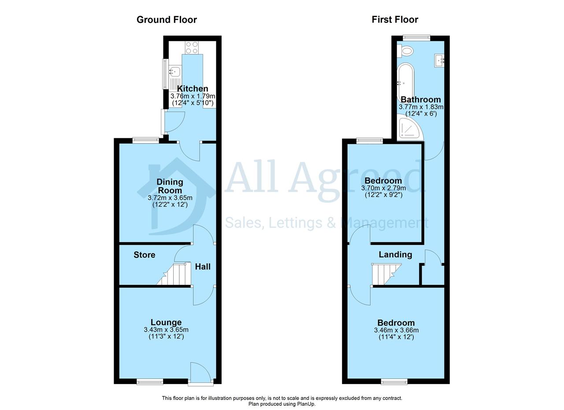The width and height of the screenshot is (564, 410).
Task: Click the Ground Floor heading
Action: pyautogui.click(x=167, y=20)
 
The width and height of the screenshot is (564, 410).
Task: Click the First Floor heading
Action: pyautogui.click(x=395, y=20)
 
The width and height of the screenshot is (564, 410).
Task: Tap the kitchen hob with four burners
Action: pyautogui.click(x=192, y=48)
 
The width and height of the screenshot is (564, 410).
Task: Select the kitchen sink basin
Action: pyautogui.click(x=174, y=71)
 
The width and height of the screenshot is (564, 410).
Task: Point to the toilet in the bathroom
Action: pyautogui.click(x=405, y=52)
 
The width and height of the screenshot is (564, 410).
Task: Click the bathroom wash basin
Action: pyautogui.click(x=439, y=60)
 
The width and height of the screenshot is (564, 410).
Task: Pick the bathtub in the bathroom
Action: pyautogui.click(x=405, y=82)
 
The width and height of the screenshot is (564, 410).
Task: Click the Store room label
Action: pyautogui.click(x=144, y=255)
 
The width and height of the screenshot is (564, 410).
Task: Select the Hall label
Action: pyautogui.click(x=203, y=266)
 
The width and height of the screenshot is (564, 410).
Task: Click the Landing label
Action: pyautogui.click(x=395, y=255)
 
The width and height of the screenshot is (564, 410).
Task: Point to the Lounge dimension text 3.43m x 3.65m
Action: pyautogui.click(x=166, y=330)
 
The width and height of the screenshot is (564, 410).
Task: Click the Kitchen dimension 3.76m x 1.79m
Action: pyautogui.click(x=193, y=96)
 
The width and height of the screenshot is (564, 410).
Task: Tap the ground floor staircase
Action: pyautogui.click(x=174, y=274)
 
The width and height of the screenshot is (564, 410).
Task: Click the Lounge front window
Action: pyautogui.click(x=150, y=382)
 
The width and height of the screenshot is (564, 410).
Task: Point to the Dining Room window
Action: pyautogui.click(x=146, y=140)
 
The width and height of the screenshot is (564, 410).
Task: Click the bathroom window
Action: pyautogui.click(x=416, y=38)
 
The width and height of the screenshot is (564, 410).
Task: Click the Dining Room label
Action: pyautogui.click(x=170, y=186)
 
